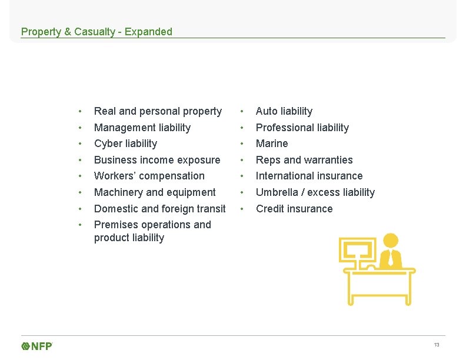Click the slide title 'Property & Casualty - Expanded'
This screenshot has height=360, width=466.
click(x=96, y=32)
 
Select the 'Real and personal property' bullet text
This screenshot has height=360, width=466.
click(x=158, y=111)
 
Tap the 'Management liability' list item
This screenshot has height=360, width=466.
click(x=142, y=128)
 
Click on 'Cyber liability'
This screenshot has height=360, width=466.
click(x=125, y=144)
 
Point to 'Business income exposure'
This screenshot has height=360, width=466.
click(x=157, y=160)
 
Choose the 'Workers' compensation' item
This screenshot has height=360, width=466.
click(x=149, y=176)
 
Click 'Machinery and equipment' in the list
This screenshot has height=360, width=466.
click(x=155, y=192)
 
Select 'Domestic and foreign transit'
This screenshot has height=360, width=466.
click(x=159, y=209)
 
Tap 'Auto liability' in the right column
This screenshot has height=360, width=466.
click(x=284, y=111)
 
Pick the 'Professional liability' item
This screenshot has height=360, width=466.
click(x=302, y=128)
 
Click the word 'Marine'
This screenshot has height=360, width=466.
click(x=272, y=144)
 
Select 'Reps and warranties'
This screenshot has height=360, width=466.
click(x=304, y=160)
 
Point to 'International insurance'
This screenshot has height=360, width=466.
click(x=309, y=176)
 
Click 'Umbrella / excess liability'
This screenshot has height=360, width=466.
click(x=315, y=192)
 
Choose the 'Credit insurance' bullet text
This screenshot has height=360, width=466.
click(x=294, y=209)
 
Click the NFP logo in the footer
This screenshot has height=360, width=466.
click(x=37, y=346)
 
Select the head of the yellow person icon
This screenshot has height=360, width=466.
click(x=390, y=241)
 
